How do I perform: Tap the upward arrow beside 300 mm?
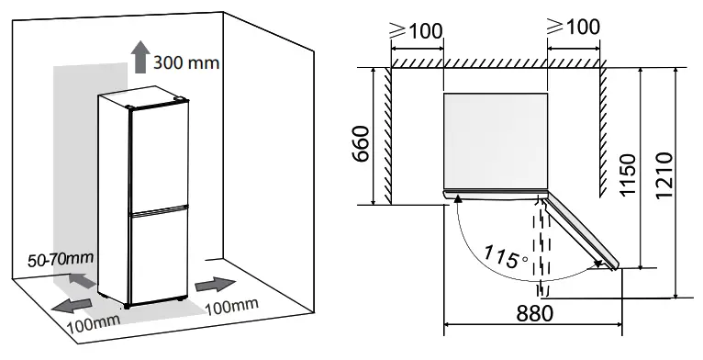140,57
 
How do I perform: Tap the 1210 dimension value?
666,175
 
